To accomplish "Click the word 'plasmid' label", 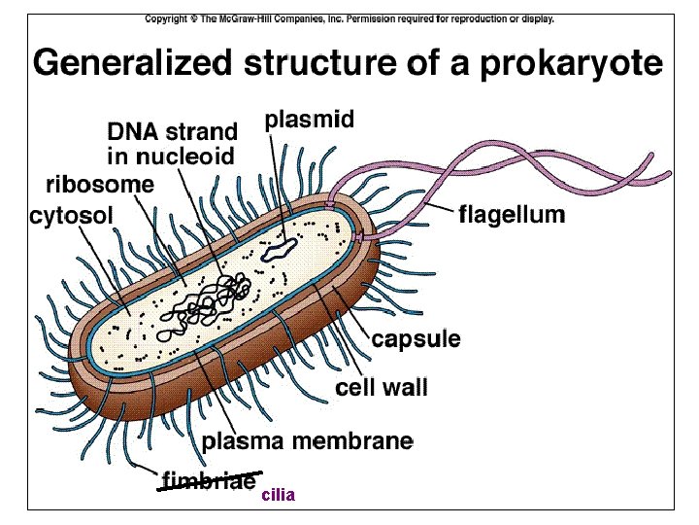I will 309,121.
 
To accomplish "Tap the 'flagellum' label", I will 511,215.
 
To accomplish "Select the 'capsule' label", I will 416,339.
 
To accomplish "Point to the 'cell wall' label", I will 382,387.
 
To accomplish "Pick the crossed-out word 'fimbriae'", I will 209,479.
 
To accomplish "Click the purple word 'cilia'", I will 278,495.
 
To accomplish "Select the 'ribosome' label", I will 100,183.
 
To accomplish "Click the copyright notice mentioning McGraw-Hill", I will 349,18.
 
